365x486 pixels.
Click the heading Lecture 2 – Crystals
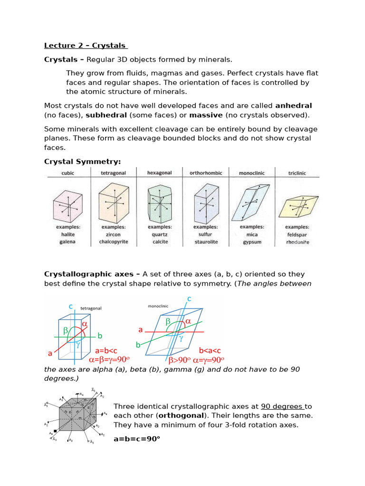[x=86, y=46]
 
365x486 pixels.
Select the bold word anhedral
[x=293, y=105]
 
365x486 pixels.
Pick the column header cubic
[x=68, y=174]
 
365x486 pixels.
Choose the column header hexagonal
[x=159, y=173]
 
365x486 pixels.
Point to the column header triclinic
[x=297, y=174]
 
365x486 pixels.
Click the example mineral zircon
[x=113, y=234]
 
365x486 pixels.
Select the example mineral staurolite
[x=206, y=242]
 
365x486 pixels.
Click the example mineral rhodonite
[x=298, y=242]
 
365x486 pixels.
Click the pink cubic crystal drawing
[x=68, y=205]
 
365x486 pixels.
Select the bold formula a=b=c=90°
[x=137, y=439]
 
